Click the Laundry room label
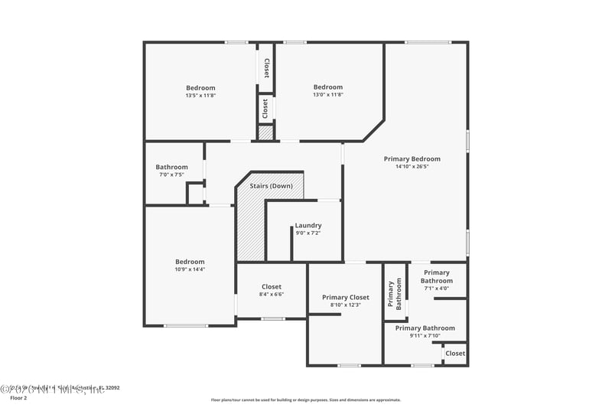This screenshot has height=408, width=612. click(308, 225)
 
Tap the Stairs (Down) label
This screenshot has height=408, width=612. click(271, 186)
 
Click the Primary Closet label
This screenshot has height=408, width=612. click(345, 297)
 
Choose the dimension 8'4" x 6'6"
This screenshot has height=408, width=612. click(271, 294)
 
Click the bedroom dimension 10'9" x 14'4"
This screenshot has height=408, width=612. click(190, 269)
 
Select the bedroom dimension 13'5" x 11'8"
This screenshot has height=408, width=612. click(200, 95)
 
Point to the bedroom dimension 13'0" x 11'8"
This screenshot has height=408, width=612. click(328, 95)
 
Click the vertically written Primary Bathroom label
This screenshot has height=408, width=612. click(394, 293)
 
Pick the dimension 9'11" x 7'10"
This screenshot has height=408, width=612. click(425, 335)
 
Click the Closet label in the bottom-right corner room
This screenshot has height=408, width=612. click(455, 354)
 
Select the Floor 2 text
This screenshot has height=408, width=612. click(18, 398)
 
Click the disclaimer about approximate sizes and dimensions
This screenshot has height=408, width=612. click(305, 400)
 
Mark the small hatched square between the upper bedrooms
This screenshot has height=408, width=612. click(265, 133)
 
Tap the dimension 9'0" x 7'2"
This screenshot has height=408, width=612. click(308, 233)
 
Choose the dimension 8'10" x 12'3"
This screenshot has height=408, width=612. click(345, 305)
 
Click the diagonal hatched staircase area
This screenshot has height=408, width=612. click(249, 226)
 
